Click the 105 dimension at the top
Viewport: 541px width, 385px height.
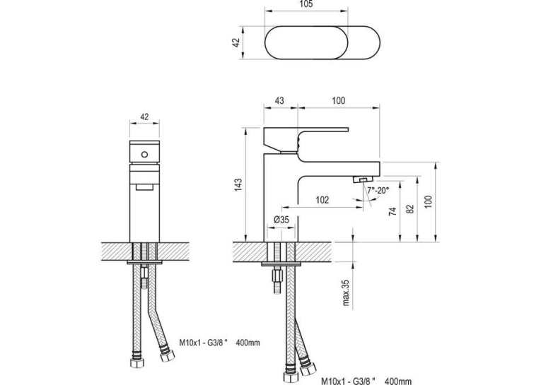click(x=306, y=4)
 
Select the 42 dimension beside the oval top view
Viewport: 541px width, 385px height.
click(x=236, y=43)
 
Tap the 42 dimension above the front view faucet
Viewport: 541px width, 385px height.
click(x=144, y=117)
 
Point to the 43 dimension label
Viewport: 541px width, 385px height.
click(x=279, y=100)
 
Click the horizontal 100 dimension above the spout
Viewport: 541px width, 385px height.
click(x=339, y=100)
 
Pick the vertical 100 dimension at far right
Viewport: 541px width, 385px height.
click(x=428, y=201)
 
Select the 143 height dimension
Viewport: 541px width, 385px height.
click(x=238, y=185)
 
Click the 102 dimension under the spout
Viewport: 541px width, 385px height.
click(x=322, y=200)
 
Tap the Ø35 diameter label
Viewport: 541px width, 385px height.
click(x=281, y=220)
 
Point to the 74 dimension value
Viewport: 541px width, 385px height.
click(x=392, y=211)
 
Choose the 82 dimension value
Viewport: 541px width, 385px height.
click(x=410, y=209)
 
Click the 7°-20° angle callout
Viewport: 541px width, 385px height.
click(x=378, y=190)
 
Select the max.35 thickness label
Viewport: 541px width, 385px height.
click(x=346, y=292)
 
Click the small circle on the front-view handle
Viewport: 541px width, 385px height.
click(x=144, y=155)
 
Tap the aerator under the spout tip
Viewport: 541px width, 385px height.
click(x=363, y=179)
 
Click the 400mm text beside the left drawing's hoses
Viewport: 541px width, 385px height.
click(x=248, y=343)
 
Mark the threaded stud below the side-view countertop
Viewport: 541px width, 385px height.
click(x=277, y=280)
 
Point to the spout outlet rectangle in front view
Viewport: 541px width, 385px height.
click(x=144, y=186)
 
